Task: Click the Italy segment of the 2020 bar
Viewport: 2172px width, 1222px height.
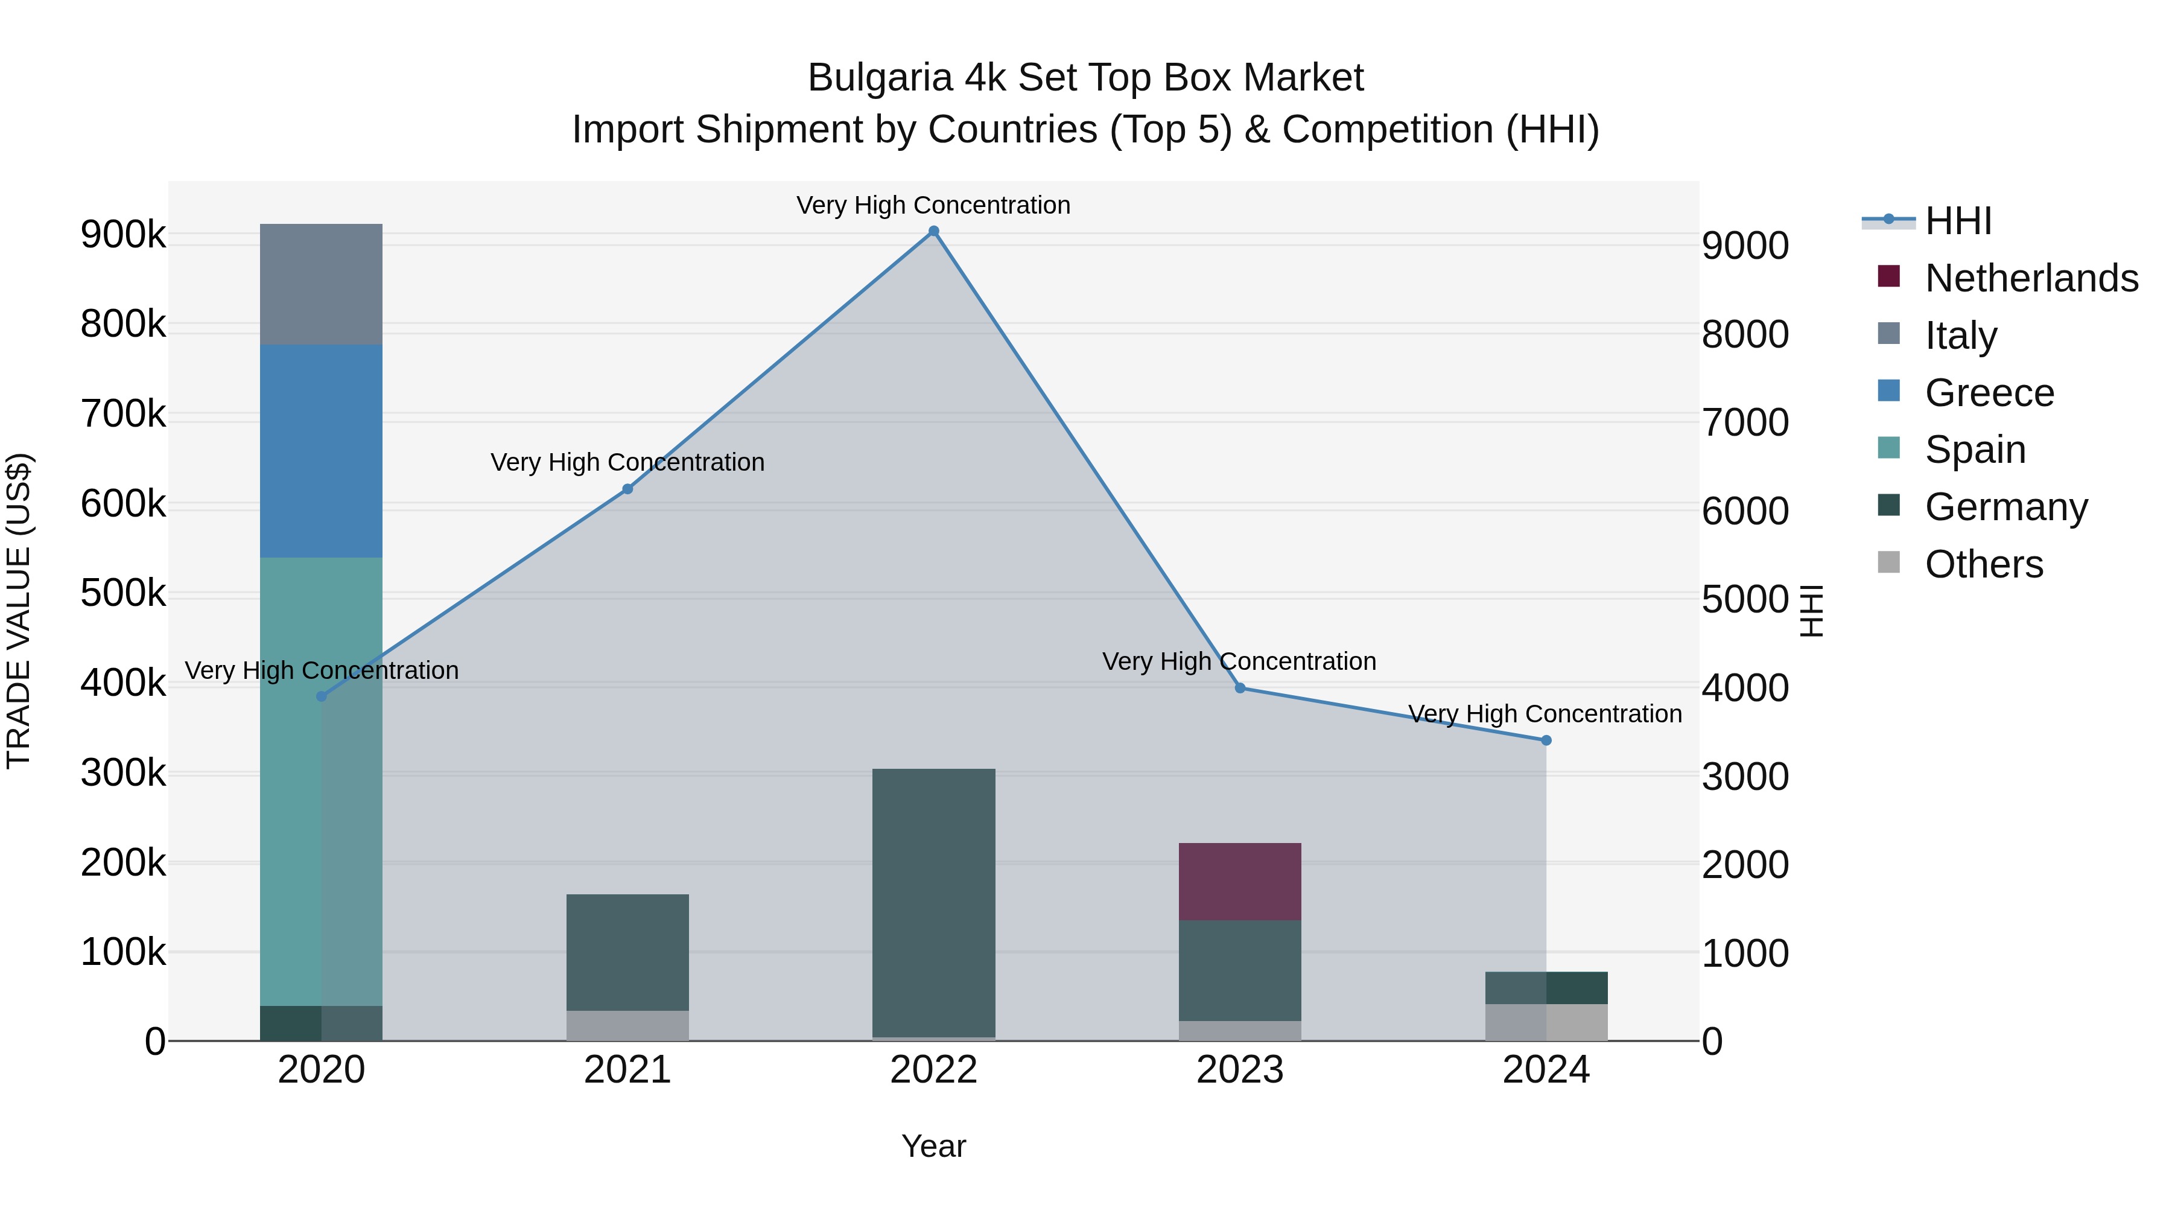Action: pos(320,284)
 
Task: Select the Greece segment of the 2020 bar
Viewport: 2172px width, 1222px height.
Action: pos(320,451)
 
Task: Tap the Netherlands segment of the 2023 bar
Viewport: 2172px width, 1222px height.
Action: pos(1239,881)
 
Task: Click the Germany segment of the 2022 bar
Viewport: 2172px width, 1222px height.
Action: pos(933,902)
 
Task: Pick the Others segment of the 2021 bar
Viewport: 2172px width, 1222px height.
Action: pos(627,1025)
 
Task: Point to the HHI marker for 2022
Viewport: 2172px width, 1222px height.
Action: pos(933,231)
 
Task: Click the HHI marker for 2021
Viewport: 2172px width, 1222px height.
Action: pos(627,489)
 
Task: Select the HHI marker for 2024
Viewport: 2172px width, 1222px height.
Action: pos(1546,740)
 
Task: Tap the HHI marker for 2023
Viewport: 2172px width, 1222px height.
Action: pos(1239,688)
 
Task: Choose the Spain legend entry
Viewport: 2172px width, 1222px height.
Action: pos(1975,450)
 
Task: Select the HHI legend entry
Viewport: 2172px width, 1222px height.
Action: pos(1958,221)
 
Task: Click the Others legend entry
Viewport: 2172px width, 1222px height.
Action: pos(1983,564)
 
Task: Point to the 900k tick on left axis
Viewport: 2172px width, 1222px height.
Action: pos(123,235)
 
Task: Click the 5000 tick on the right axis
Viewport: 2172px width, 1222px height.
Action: pos(1744,600)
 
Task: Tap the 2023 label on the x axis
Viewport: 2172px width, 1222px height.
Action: pos(1239,1070)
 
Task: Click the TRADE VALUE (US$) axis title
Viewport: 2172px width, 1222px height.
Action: pos(19,611)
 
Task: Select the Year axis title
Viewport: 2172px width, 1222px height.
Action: pos(933,1146)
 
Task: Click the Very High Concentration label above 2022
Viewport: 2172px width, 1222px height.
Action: pos(933,205)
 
